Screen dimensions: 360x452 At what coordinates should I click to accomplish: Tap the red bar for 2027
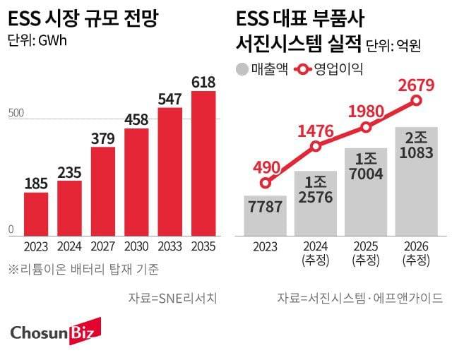[x=103, y=191]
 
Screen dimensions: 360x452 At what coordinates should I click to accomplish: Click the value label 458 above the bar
[x=136, y=117]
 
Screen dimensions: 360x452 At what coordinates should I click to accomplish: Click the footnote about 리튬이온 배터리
[x=83, y=269]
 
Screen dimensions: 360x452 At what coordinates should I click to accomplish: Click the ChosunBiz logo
[x=56, y=331]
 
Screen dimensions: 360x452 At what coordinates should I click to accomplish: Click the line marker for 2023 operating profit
[x=266, y=183]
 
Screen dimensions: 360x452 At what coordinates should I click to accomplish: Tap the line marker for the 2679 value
[x=417, y=100]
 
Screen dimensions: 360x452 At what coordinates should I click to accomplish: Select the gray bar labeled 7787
[x=266, y=216]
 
